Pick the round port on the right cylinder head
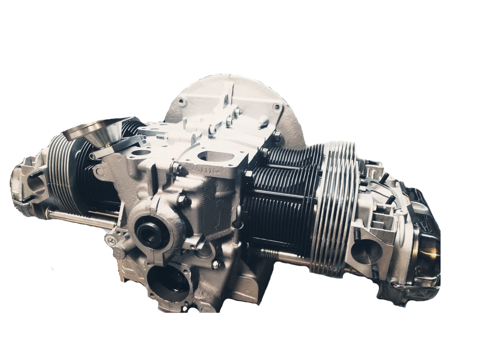(x=366, y=252)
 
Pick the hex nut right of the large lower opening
(x=215, y=264)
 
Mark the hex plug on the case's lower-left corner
(x=109, y=240)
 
